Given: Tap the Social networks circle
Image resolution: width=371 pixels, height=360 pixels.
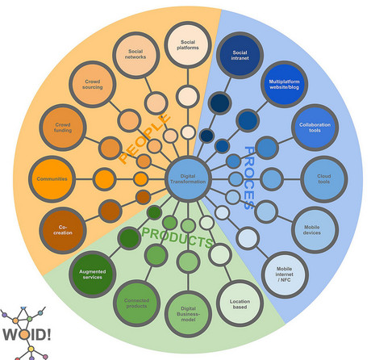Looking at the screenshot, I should click(x=135, y=56).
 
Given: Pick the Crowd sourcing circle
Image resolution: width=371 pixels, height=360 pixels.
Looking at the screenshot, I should click(x=90, y=84).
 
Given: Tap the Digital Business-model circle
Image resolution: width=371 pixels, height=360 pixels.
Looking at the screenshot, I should click(x=187, y=311).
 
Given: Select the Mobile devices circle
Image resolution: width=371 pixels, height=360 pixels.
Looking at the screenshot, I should click(x=312, y=228).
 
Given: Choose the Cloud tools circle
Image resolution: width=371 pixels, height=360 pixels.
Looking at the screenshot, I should click(x=324, y=178).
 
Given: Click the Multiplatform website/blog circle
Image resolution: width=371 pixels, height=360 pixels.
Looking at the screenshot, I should click(x=283, y=83).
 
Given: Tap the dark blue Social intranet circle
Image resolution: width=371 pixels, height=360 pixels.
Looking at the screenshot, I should click(x=240, y=54).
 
